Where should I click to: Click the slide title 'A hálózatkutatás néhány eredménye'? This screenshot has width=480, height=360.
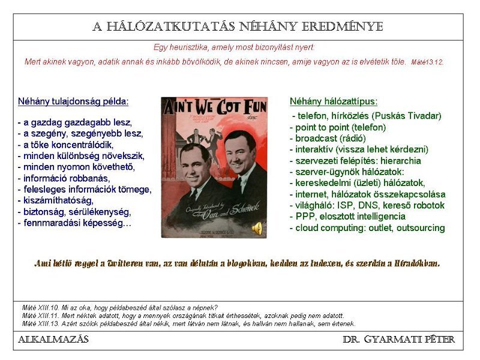(238, 27)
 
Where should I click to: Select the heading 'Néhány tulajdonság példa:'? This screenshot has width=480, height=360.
(73, 101)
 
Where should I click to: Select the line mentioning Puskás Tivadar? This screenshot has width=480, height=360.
(367, 116)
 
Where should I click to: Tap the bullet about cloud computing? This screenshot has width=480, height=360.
(367, 228)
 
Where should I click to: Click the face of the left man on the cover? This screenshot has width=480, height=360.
(195, 164)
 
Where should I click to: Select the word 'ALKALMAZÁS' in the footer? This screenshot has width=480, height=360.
(53, 340)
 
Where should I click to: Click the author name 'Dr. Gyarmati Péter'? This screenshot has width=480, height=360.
(398, 340)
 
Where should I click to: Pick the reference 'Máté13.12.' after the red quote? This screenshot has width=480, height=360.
(427, 62)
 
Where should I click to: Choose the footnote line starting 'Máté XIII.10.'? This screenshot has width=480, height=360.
(120, 308)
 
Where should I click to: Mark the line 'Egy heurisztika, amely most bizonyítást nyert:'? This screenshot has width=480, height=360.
(234, 47)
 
